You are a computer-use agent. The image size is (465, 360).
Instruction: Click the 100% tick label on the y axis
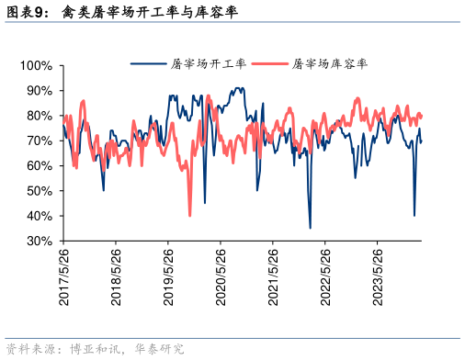[36, 66]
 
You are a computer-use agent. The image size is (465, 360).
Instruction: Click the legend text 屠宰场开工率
[210, 64]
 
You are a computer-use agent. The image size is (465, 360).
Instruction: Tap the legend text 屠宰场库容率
[330, 64]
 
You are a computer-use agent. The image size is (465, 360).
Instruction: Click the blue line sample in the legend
[148, 64]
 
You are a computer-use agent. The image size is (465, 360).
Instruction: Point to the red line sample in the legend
[268, 64]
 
